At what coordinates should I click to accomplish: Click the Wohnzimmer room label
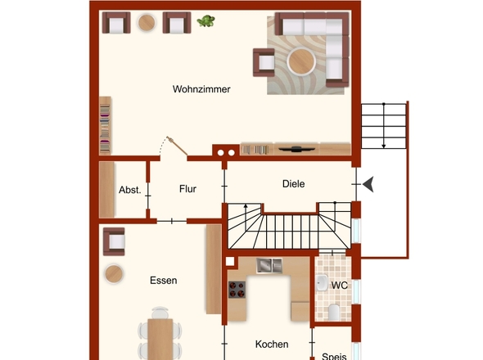(201, 89)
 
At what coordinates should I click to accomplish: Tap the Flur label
(187, 189)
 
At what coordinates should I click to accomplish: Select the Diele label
(294, 184)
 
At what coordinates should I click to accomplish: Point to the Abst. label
(130, 190)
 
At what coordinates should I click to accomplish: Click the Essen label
(163, 281)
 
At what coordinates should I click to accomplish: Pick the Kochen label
(272, 344)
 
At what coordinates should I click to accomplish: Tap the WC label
(340, 286)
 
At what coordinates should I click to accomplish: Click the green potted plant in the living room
(205, 21)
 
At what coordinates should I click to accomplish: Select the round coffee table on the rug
(301, 61)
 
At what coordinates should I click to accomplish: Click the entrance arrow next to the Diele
(368, 184)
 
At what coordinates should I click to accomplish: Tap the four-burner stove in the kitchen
(237, 290)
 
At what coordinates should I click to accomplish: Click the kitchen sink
(269, 265)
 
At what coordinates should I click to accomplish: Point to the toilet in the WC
(334, 313)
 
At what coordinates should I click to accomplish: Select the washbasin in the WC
(322, 283)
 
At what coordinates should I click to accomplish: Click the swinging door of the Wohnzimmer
(177, 146)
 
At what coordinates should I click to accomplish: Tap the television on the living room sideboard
(296, 150)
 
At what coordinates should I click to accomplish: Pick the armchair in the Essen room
(114, 241)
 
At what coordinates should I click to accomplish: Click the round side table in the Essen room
(114, 274)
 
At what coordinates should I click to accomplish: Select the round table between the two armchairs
(147, 22)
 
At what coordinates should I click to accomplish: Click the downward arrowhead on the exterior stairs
(383, 146)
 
